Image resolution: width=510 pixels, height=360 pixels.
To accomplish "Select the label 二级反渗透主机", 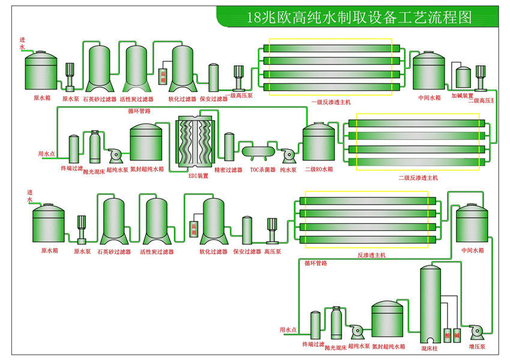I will tap(418, 178).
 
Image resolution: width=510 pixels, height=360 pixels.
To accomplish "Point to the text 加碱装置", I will tap(463, 96).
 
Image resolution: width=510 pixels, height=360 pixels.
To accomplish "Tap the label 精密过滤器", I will tap(229, 170).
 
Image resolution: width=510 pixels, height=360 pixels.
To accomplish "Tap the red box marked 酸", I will tap(447, 334).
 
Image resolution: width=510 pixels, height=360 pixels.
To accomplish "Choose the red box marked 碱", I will tap(457, 334).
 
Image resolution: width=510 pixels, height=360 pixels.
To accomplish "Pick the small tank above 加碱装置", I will tap(463, 77).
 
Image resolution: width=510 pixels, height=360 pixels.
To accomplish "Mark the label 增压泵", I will tap(478, 347).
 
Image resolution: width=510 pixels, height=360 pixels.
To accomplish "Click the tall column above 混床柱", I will tap(429, 303).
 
